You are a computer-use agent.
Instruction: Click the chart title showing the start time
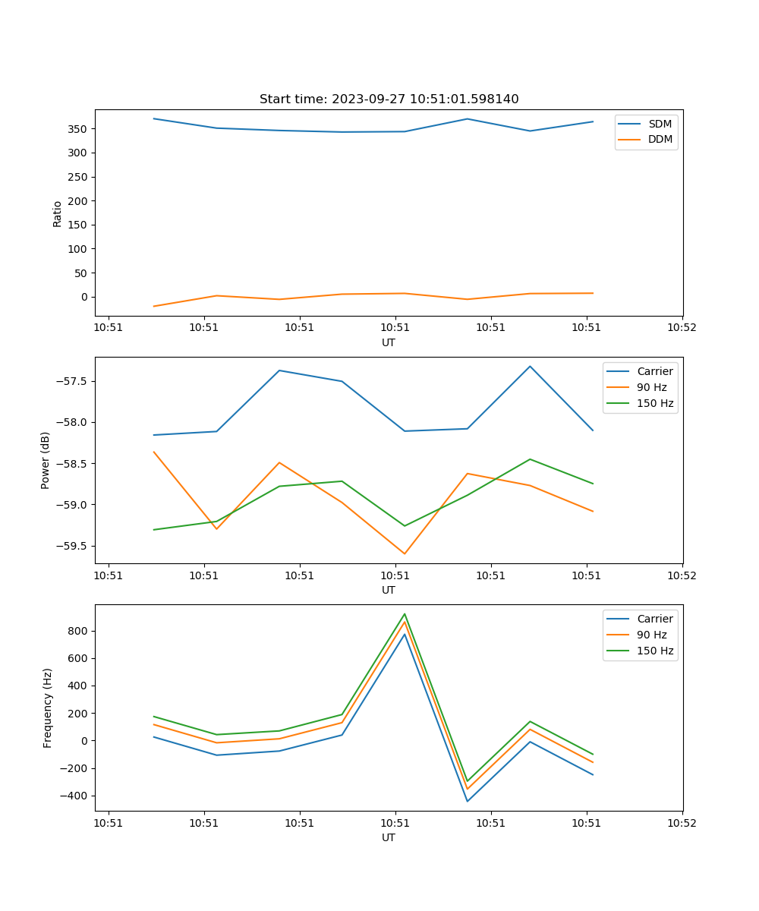(389, 99)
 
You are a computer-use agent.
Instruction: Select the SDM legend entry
(660, 124)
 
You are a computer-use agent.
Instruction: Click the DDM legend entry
(660, 140)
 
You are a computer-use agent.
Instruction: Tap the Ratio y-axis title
(58, 213)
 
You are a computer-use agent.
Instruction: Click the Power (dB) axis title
(46, 460)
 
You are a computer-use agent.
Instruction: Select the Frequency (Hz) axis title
(48, 708)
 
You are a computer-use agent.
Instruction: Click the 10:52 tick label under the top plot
(681, 328)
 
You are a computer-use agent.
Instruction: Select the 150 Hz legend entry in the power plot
(655, 403)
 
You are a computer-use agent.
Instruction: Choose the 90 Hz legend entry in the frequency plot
(652, 635)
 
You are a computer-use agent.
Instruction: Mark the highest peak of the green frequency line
(405, 614)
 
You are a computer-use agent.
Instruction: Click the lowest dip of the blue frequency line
(468, 801)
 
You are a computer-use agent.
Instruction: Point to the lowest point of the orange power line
(405, 553)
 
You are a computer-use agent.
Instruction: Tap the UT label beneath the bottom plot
(389, 837)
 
